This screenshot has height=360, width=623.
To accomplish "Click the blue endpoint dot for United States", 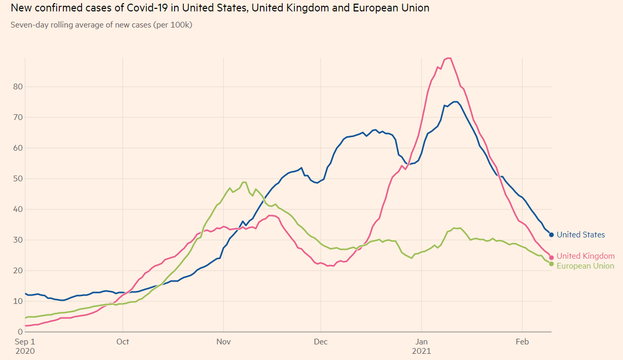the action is click(x=551, y=235).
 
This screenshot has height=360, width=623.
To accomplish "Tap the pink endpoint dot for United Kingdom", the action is click(x=551, y=258).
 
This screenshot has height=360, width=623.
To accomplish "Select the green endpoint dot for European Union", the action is click(x=551, y=264).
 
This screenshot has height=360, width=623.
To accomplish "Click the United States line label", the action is click(x=580, y=235).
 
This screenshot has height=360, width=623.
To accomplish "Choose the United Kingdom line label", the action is click(x=585, y=256).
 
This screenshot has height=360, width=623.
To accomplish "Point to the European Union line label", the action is click(x=585, y=266).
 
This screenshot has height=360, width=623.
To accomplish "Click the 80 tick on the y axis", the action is click(x=18, y=87).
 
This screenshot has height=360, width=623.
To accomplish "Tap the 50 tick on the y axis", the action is click(x=18, y=179).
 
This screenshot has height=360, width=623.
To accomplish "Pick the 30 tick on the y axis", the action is click(x=18, y=240).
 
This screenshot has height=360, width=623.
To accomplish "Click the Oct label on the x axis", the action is click(x=123, y=342).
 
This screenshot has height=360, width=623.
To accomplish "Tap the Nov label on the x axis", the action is click(x=223, y=342).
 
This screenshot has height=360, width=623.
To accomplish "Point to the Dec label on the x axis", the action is click(x=321, y=342).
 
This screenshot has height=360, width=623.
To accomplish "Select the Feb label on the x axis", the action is click(x=522, y=342).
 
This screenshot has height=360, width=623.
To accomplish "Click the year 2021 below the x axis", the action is click(x=421, y=351).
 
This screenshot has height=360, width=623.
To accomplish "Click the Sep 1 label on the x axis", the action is click(x=24, y=342).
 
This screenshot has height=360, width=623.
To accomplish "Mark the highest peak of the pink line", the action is click(x=448, y=58).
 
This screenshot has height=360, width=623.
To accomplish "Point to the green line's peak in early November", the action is click(x=244, y=182).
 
